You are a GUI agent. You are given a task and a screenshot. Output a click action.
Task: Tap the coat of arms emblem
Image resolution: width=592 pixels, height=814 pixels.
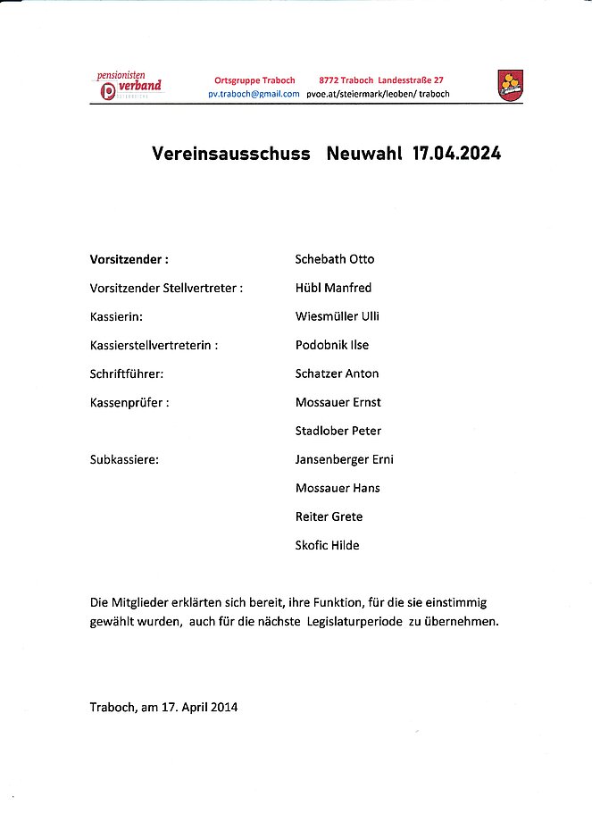510,86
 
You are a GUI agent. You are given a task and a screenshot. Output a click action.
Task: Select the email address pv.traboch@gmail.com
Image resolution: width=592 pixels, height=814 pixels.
254,94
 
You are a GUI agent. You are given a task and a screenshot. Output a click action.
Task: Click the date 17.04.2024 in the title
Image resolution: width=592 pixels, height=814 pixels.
456,153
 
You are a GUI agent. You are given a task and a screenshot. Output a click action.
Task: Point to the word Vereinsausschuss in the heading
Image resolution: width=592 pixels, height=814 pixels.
231,153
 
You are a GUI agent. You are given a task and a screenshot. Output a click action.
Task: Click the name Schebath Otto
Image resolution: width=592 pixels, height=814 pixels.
335,259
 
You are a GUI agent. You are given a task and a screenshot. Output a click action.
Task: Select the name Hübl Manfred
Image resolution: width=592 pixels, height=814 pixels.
333,288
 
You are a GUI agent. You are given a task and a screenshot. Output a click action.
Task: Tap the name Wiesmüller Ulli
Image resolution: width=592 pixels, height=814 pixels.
338,316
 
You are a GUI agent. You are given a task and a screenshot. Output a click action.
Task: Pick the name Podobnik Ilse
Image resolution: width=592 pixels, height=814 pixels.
332,345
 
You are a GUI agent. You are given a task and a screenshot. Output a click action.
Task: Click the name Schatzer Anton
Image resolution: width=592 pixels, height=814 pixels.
337,373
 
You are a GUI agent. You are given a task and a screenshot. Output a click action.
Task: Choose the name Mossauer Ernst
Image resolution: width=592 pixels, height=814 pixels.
338,402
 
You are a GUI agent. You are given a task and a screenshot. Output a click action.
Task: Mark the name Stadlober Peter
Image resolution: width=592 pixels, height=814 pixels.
338,431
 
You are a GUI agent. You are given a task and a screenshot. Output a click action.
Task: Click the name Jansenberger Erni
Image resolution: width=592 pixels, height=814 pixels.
345,459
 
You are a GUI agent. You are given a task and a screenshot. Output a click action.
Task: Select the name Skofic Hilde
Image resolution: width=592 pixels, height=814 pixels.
328,545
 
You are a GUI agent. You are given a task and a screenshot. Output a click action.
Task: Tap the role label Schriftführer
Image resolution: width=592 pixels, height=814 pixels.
127,373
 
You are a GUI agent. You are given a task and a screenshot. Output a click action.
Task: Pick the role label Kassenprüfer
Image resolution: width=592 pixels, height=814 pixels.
129,402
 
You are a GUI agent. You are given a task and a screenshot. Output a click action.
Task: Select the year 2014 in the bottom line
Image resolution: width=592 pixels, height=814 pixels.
223,707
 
